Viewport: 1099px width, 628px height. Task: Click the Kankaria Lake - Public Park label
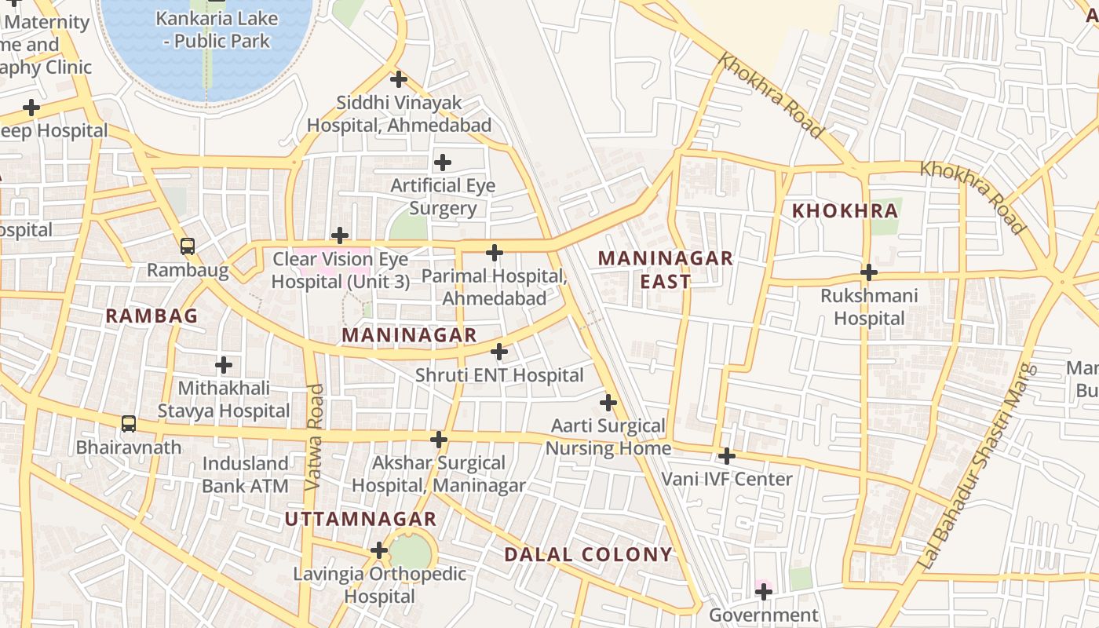pyautogui.click(x=217, y=29)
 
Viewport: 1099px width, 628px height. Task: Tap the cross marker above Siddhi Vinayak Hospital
pyautogui.click(x=399, y=79)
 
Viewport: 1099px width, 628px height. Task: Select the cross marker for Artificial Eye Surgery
pyautogui.click(x=443, y=162)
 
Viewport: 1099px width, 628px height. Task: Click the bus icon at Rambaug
pyautogui.click(x=188, y=246)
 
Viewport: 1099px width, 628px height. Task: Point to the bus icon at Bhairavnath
pyautogui.click(x=129, y=424)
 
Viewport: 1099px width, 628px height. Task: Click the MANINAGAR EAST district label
pyautogui.click(x=666, y=269)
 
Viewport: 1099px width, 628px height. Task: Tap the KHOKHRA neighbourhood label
pyautogui.click(x=845, y=210)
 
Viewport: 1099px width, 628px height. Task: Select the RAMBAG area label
pyautogui.click(x=152, y=316)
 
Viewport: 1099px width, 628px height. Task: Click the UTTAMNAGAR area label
pyautogui.click(x=360, y=519)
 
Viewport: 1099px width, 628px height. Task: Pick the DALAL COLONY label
pyautogui.click(x=589, y=554)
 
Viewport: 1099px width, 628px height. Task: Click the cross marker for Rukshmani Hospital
pyautogui.click(x=868, y=273)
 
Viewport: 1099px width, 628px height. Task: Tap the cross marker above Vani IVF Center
pyautogui.click(x=727, y=455)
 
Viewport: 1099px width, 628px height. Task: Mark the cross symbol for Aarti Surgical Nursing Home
pyautogui.click(x=608, y=403)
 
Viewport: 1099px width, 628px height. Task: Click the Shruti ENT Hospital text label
pyautogui.click(x=499, y=375)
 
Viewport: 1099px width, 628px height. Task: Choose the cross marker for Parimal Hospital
pyautogui.click(x=494, y=253)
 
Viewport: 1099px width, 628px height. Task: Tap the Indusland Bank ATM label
pyautogui.click(x=245, y=474)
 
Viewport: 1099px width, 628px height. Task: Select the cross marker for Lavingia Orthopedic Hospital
pyautogui.click(x=379, y=550)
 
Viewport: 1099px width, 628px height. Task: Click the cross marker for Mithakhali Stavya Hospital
pyautogui.click(x=224, y=365)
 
